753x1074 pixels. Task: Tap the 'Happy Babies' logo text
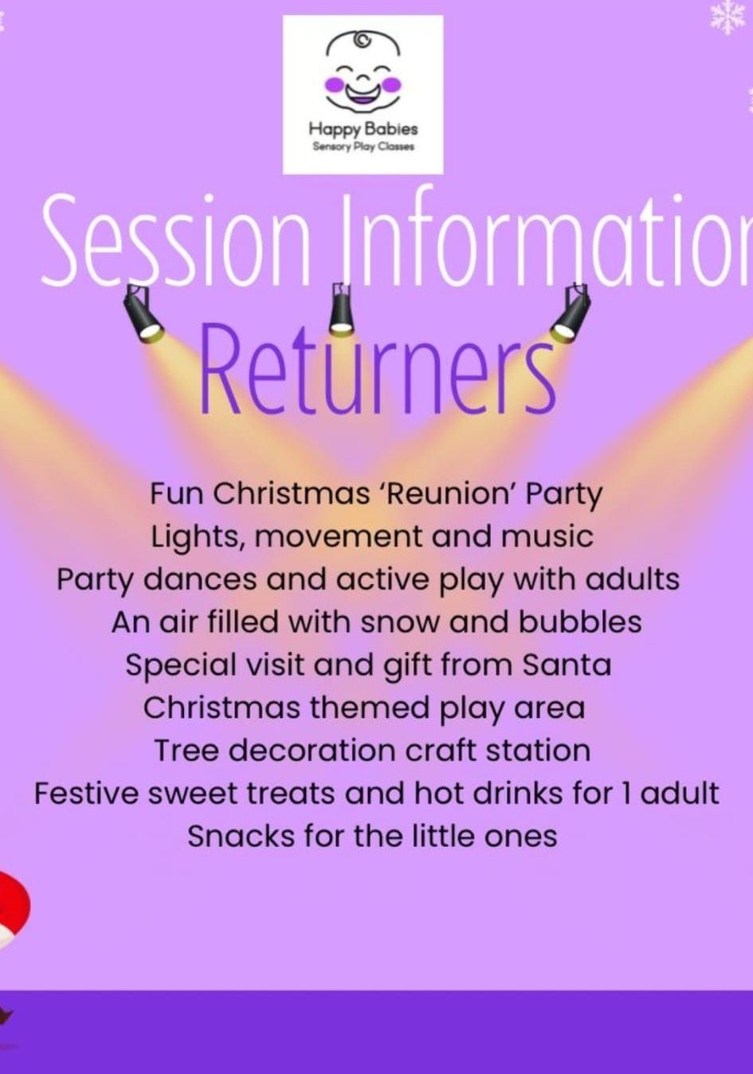pos(363,129)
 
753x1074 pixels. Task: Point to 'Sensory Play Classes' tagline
pos(363,147)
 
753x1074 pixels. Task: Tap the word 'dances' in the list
pos(200,579)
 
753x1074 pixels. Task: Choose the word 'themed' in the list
pos(369,708)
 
